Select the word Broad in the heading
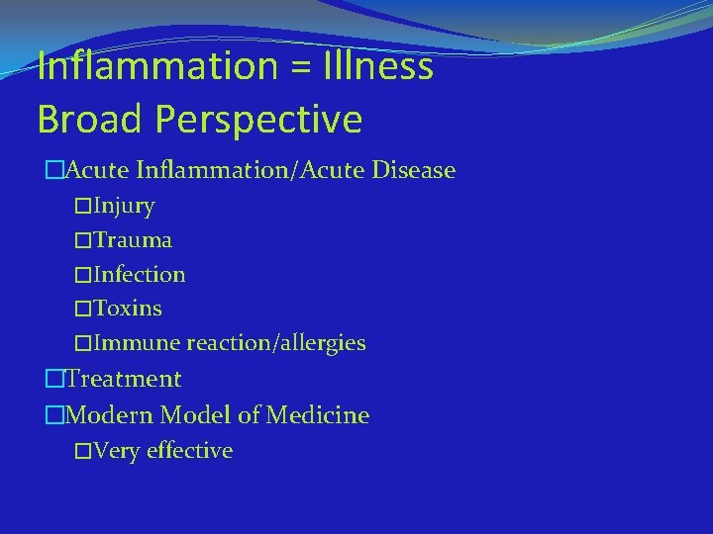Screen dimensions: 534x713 85,120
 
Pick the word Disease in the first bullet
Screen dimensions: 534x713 413,170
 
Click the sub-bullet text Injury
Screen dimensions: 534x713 124,207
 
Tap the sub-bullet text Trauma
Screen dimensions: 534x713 133,240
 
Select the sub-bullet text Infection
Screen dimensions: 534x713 140,274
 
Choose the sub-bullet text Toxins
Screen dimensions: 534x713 128,309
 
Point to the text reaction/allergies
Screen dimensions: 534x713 276,343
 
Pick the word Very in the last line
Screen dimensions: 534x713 117,451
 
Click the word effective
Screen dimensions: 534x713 189,451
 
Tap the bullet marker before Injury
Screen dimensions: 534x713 83,207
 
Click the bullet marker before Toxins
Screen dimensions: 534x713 83,309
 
